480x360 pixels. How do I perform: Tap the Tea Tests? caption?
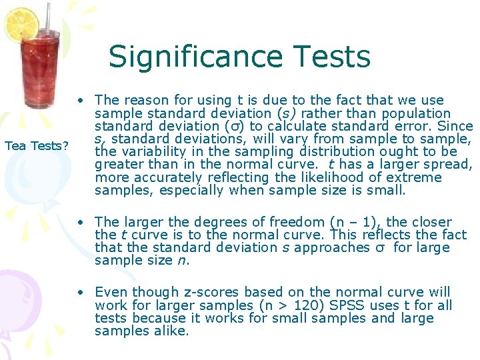(36, 145)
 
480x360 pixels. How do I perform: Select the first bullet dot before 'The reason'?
(79, 101)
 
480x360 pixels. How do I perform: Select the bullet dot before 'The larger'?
(79, 223)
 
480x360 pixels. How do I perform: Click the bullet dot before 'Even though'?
(79, 293)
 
